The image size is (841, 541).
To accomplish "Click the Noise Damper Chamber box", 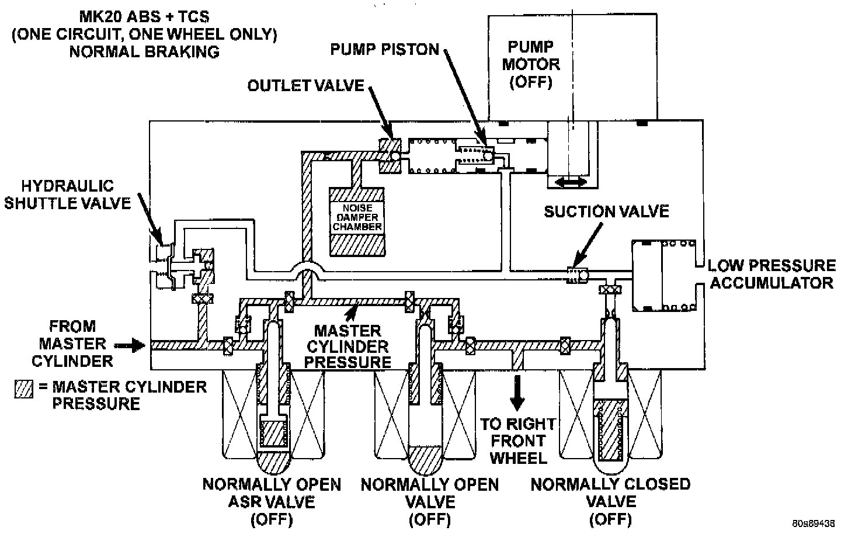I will click(357, 221).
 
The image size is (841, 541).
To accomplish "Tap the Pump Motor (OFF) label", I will click(530, 64).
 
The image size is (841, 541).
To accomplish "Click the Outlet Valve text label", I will click(305, 86).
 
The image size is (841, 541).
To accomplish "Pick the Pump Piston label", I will click(384, 48).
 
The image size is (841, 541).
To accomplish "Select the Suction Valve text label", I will click(606, 211).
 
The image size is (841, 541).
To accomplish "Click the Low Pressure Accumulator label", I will click(771, 274).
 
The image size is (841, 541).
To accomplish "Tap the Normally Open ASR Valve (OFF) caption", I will click(272, 501).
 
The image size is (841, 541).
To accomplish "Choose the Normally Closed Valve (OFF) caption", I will click(610, 501).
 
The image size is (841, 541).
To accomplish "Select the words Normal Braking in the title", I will click(144, 51).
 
